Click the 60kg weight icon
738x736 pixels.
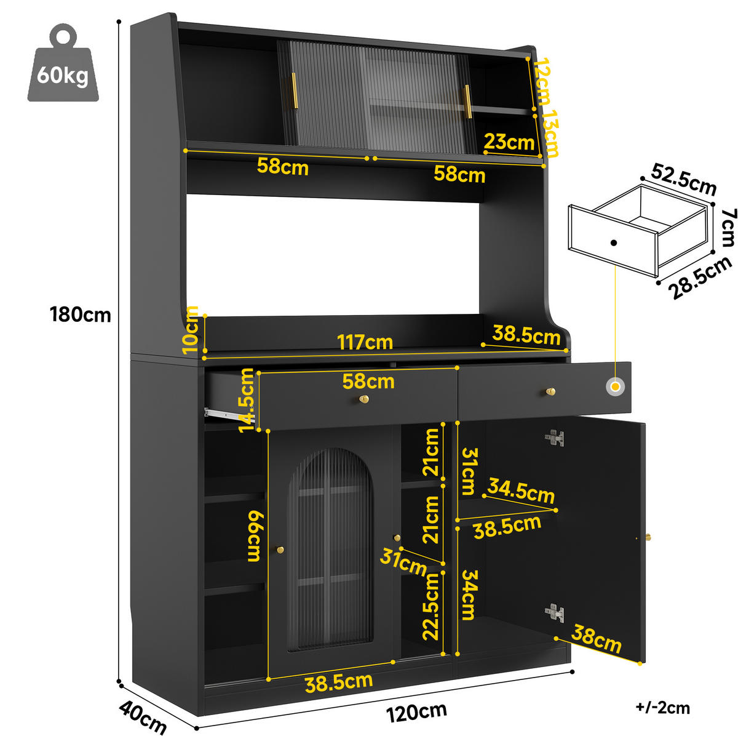click(63, 63)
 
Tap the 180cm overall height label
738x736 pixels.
click(81, 314)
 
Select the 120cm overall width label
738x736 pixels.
click(416, 711)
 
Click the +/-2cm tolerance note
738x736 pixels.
click(662, 707)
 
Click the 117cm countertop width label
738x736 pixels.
click(365, 342)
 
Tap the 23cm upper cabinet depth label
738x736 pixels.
click(509, 142)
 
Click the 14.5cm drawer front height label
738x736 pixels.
click(246, 400)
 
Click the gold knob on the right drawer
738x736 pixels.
click(550, 391)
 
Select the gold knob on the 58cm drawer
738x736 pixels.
click(363, 399)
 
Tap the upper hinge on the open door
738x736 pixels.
click(555, 438)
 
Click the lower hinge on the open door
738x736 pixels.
click(555, 613)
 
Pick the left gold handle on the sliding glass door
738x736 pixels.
click(294, 91)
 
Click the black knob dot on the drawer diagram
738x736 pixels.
click(614, 242)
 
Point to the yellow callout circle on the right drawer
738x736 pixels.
click(616, 386)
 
